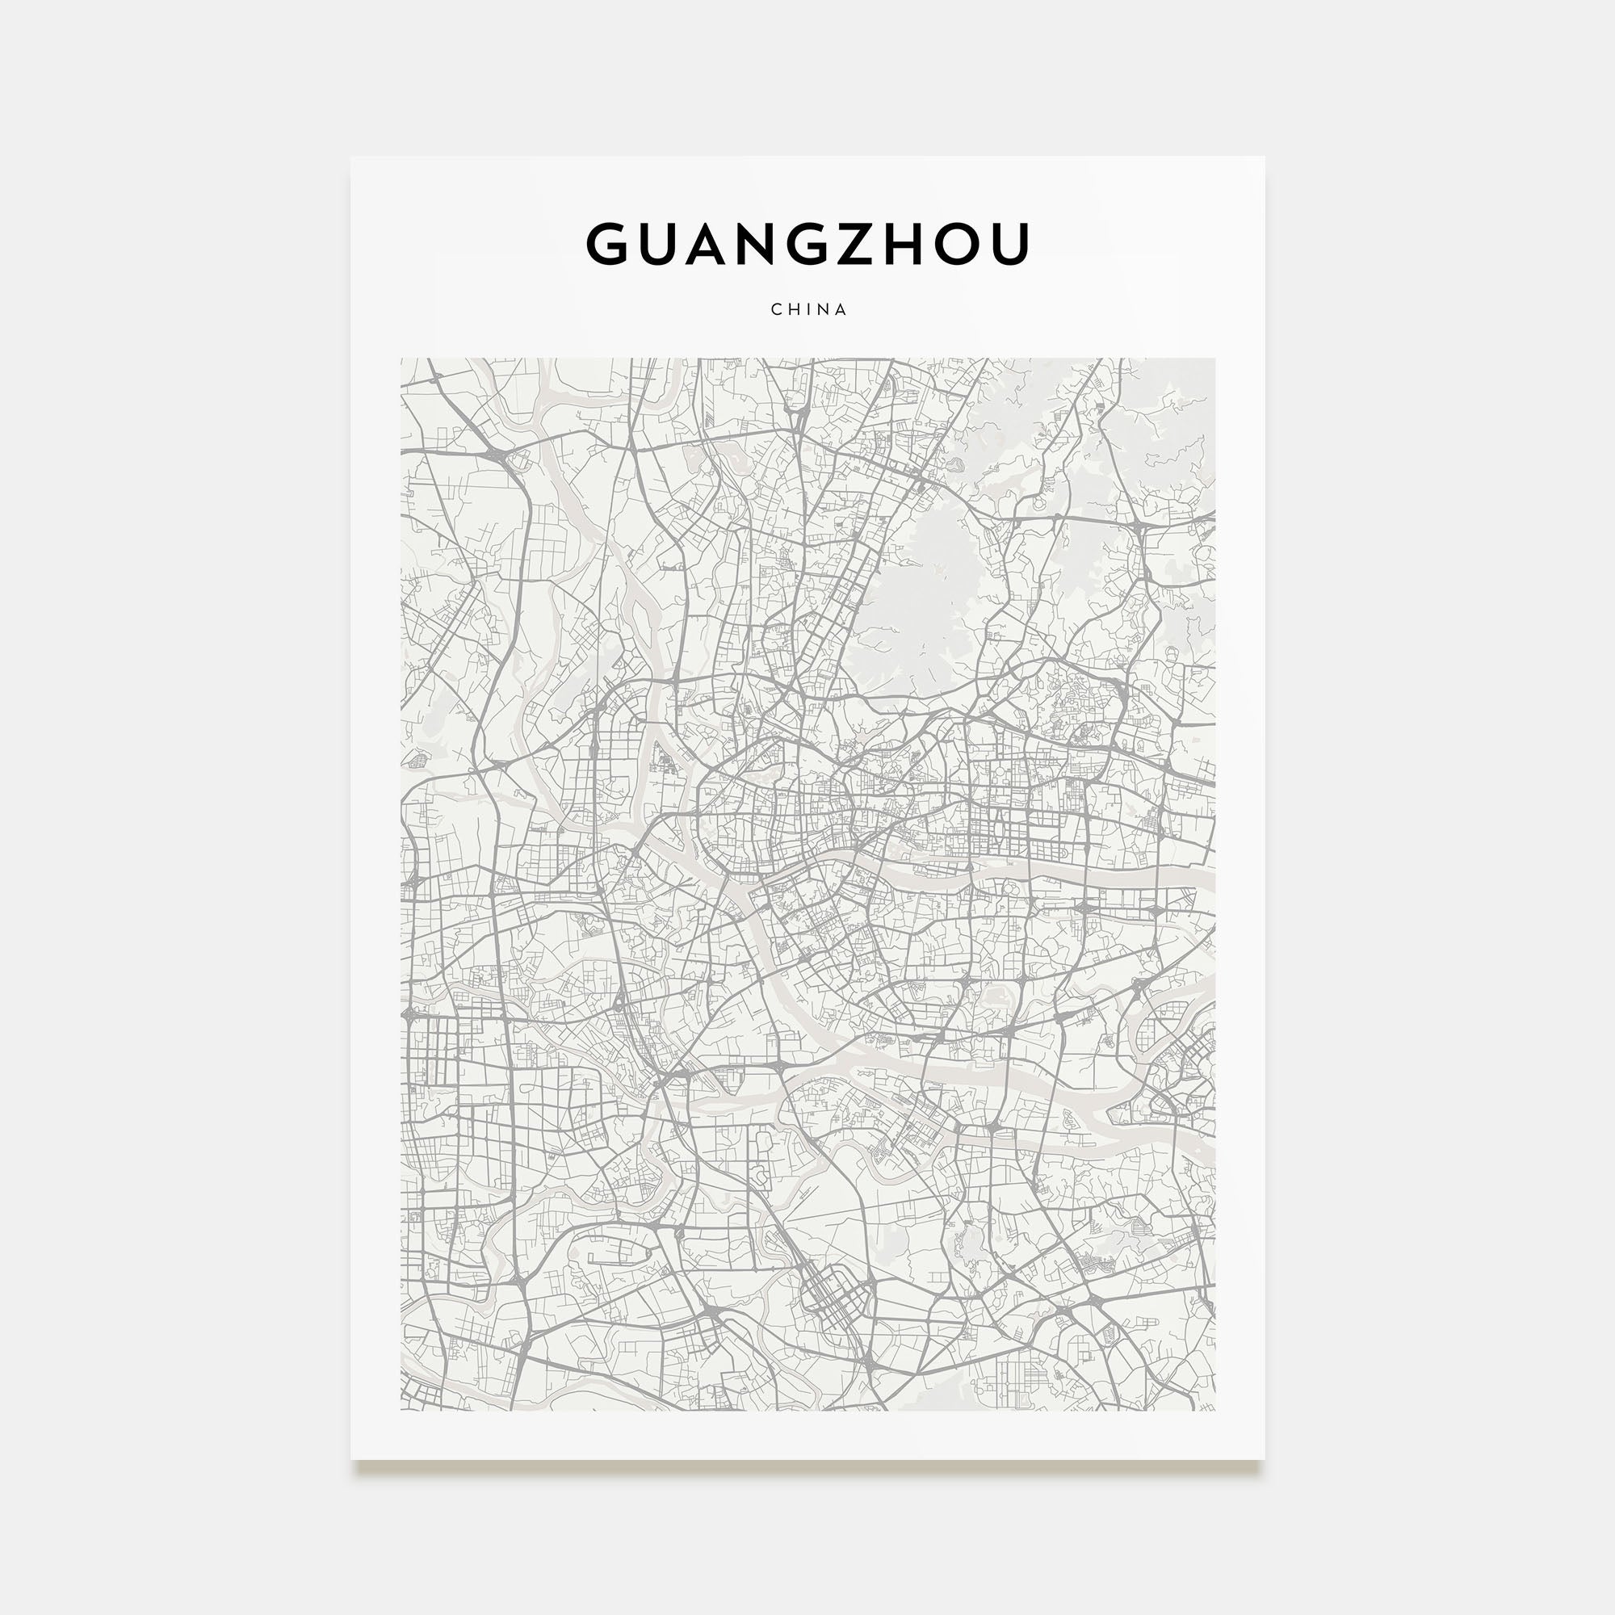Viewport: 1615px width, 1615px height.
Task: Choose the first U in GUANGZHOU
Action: (x=665, y=243)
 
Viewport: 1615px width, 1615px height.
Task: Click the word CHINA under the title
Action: (x=808, y=309)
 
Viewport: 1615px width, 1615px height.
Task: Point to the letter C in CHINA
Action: (x=776, y=309)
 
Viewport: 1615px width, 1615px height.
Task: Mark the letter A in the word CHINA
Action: (x=841, y=309)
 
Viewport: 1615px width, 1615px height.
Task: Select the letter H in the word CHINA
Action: (x=793, y=309)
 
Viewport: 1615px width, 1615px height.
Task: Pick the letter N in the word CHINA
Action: (x=824, y=309)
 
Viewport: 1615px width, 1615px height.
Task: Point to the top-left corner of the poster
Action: (x=351, y=157)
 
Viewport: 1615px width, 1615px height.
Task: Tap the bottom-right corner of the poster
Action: (x=1264, y=1459)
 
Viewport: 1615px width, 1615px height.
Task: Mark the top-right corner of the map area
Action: (x=1214, y=359)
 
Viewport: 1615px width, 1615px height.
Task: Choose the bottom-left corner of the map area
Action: (x=401, y=1410)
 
